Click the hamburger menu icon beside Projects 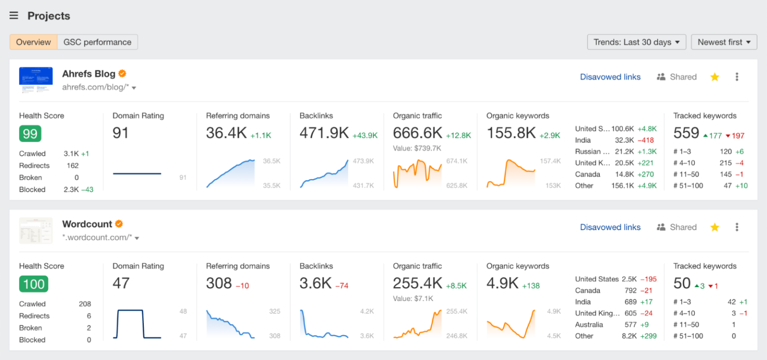(14, 15)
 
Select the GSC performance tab (97, 42)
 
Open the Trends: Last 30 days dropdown (636, 42)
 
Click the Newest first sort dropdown (724, 42)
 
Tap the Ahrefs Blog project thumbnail (36, 80)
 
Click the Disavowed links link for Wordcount (610, 227)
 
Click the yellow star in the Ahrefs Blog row (715, 77)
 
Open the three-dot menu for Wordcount (737, 227)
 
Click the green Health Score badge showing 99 (30, 134)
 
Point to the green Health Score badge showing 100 (33, 284)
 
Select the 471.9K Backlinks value (324, 133)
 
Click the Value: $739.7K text (416, 148)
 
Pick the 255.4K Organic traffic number (417, 284)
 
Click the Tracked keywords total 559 (686, 133)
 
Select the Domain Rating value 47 (121, 284)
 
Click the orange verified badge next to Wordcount (119, 224)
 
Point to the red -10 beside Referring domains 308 (242, 286)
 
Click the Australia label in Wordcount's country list (589, 325)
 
